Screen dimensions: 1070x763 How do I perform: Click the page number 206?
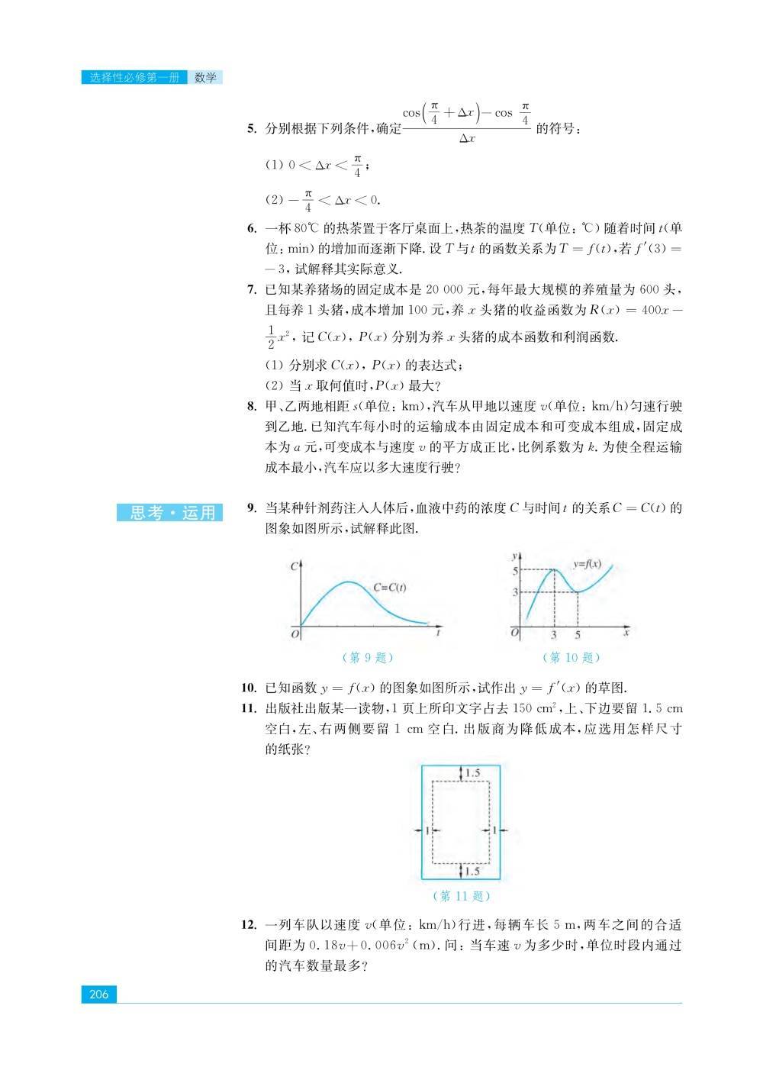99,994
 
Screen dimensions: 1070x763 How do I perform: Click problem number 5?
252,128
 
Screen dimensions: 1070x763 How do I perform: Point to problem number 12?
249,925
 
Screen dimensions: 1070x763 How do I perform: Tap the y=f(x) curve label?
587,564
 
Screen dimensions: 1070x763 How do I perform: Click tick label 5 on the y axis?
516,571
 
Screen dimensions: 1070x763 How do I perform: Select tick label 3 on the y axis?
516,592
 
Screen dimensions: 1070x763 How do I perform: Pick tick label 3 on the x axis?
554,635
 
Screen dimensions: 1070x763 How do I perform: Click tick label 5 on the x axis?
577,635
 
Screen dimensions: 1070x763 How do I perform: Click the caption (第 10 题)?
571,657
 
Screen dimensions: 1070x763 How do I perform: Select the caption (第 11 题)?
460,896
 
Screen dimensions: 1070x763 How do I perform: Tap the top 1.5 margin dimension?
472,773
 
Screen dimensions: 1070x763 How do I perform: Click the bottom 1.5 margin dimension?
472,871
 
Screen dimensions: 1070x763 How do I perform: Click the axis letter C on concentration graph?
294,567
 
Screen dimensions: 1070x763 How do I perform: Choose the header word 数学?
205,78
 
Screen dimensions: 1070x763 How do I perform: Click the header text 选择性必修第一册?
134,78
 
